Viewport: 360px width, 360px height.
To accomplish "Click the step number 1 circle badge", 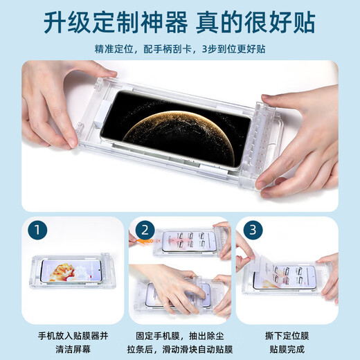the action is [x=37, y=230].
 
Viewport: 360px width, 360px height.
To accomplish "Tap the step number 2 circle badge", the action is [x=145, y=230].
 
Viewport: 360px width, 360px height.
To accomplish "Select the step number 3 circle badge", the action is [x=253, y=230].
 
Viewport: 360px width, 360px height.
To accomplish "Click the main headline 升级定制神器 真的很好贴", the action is [x=179, y=23].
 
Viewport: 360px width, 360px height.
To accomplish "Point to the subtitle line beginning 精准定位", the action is [x=180, y=49].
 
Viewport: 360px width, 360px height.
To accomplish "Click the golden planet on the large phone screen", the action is [x=178, y=136].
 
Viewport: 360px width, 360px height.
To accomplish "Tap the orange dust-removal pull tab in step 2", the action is [x=145, y=242].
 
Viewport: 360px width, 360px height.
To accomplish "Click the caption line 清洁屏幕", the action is [x=73, y=349].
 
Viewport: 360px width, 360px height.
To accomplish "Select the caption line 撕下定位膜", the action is [x=287, y=336].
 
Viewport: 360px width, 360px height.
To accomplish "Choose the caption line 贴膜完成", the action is [x=287, y=349].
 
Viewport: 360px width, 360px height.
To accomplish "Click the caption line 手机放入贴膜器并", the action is [x=73, y=336].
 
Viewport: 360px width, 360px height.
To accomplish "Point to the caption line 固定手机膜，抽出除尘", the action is [x=180, y=336].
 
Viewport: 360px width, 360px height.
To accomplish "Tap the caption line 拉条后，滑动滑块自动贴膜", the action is [x=180, y=349].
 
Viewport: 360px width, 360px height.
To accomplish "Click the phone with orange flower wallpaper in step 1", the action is [x=71, y=271].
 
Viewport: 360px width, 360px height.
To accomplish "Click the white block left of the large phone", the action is [x=100, y=115].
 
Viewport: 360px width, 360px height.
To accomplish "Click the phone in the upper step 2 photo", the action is [x=189, y=242].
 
